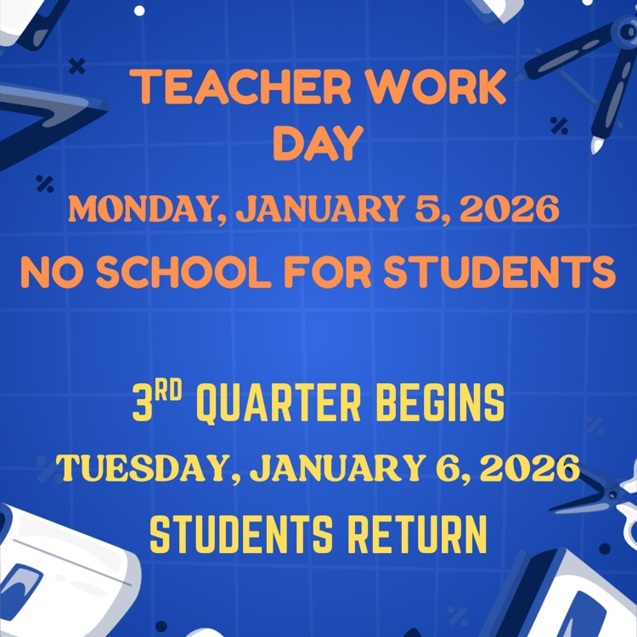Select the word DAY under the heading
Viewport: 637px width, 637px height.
point(318,144)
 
